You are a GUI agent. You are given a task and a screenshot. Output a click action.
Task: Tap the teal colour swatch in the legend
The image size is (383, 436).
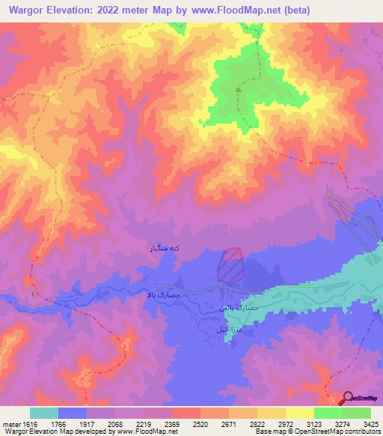pos(44,413)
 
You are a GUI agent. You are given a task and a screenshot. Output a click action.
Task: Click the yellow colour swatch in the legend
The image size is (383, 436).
pos(299,413)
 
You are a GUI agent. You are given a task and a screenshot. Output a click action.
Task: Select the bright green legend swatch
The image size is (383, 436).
pos(328,413)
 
